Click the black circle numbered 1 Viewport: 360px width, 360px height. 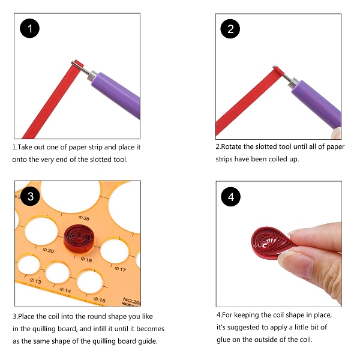pos(29,28)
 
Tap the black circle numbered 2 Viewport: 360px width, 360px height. pos(230,29)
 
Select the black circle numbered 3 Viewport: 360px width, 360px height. pos(30,196)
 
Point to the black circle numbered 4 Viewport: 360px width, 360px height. pos(231,197)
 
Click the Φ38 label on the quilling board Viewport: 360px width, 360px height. pos(84,218)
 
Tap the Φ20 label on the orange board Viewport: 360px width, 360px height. pos(48,250)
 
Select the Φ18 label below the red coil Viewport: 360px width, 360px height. pos(86,259)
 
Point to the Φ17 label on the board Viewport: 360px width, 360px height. pos(121,269)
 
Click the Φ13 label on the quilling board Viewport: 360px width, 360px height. pos(35,281)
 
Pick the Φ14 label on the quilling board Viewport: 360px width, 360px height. pos(65,290)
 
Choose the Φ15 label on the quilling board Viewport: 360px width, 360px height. pos(100,299)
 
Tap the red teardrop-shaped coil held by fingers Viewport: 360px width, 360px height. pos(272,243)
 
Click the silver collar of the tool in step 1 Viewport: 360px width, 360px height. pos(92,76)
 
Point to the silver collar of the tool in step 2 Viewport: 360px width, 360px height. pos(293,83)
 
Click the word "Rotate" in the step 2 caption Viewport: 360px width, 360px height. pos(231,146)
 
